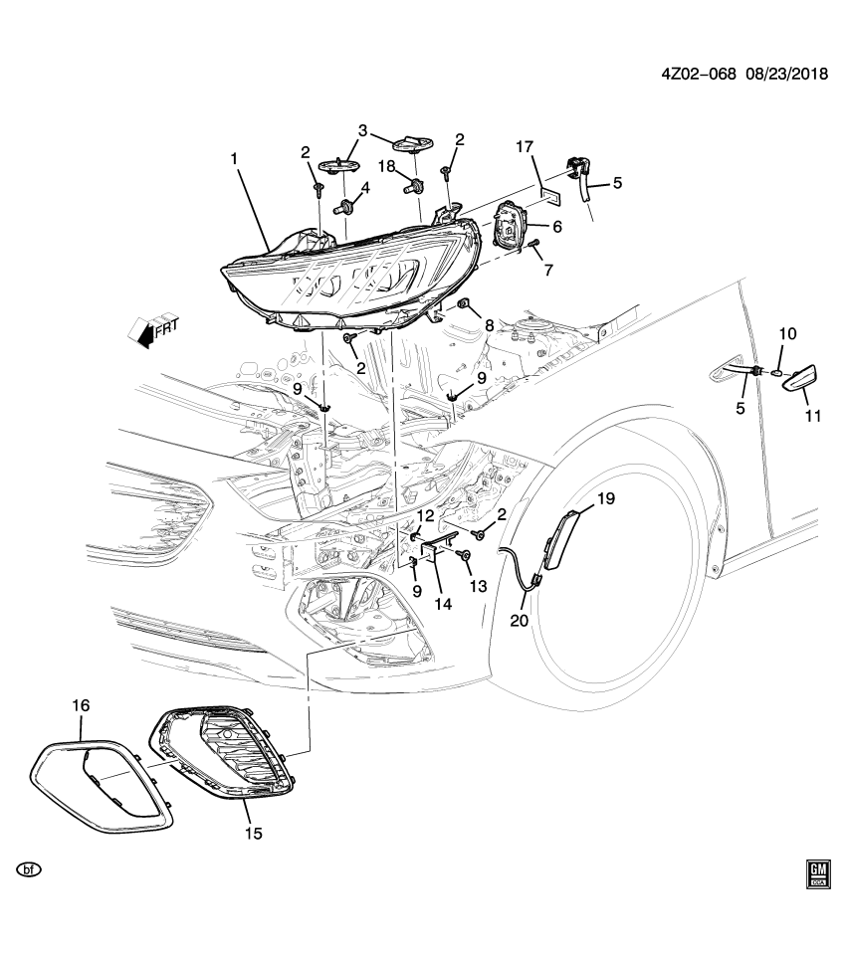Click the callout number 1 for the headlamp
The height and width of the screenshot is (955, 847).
pyautogui.click(x=235, y=159)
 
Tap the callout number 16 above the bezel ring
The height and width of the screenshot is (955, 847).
pyautogui.click(x=81, y=705)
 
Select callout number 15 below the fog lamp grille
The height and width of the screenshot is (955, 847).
pyautogui.click(x=254, y=833)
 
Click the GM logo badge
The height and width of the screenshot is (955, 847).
pyautogui.click(x=818, y=872)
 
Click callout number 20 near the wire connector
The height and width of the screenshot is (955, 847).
pyautogui.click(x=519, y=620)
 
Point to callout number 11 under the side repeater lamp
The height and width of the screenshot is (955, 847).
pyautogui.click(x=813, y=417)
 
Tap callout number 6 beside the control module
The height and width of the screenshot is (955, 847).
pyautogui.click(x=557, y=227)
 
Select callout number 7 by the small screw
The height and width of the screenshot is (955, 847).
pyautogui.click(x=547, y=270)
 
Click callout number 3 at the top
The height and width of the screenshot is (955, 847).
pyautogui.click(x=363, y=130)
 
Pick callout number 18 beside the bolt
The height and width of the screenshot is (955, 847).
pyautogui.click(x=386, y=166)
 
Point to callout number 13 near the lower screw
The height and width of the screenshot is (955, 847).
pyautogui.click(x=479, y=586)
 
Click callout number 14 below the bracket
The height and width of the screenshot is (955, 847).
pyautogui.click(x=442, y=603)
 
